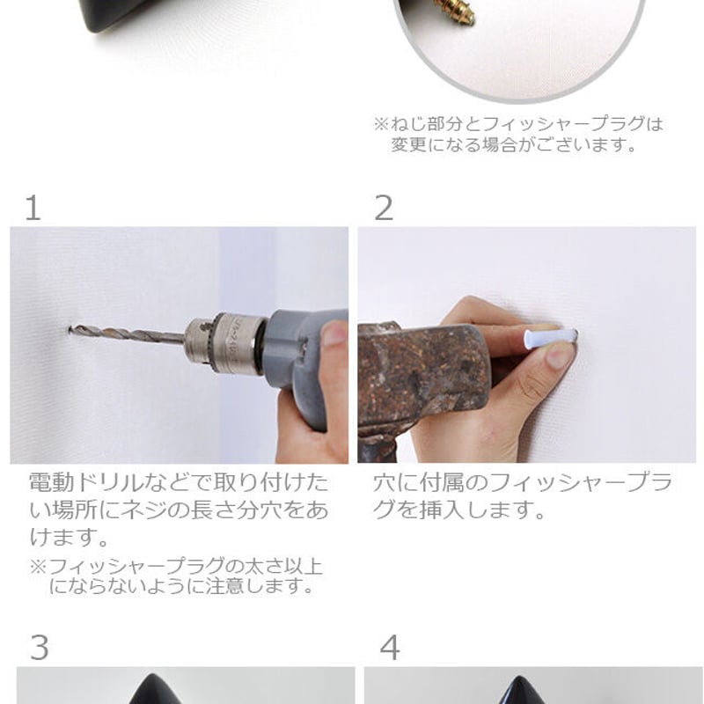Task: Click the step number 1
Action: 33,208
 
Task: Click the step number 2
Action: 384,208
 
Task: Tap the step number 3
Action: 40,647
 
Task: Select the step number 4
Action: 390,647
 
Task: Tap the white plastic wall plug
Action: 551,336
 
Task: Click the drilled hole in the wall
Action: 70,331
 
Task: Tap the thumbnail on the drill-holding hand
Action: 334,334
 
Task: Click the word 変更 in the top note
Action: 408,144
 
